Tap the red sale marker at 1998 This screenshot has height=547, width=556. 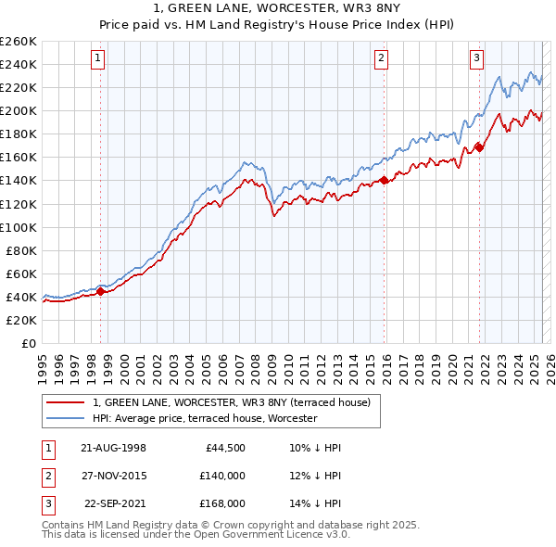100,291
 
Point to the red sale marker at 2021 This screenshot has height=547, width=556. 479,146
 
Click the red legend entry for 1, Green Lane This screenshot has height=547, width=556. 232,402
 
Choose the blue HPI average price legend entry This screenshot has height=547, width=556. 205,418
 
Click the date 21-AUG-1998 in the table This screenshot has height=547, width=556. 113,448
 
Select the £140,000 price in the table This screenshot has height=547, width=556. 221,476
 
